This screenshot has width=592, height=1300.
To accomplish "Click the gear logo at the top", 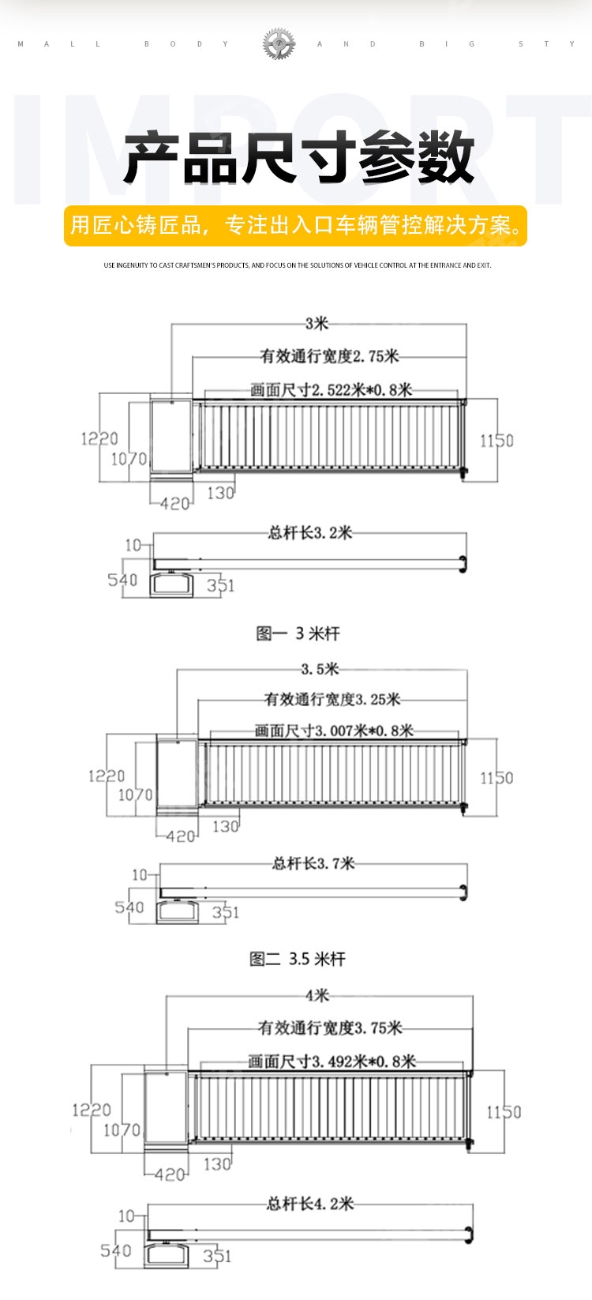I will point(279,43).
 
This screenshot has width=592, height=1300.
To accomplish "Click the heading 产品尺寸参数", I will point(298,158).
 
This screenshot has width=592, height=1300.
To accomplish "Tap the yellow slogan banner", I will point(295,225).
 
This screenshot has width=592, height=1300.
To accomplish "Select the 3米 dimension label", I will point(317,323).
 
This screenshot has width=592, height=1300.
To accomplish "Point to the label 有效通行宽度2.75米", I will point(330,356).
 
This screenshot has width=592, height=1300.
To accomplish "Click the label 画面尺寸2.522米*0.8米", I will point(331,389).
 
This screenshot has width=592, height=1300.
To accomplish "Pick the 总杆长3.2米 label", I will point(310,533).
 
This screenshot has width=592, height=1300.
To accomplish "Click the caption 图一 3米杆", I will point(298,633).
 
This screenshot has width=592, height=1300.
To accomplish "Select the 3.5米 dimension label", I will point(320,669).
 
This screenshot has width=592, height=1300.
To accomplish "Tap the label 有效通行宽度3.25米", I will point(332,699).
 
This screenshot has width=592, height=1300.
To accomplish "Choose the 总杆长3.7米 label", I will point(313,863).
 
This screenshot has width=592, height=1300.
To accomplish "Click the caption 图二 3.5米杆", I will point(298,959).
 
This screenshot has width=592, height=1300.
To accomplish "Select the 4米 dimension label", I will point(317,995).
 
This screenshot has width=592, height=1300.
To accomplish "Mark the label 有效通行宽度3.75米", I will point(330,1028).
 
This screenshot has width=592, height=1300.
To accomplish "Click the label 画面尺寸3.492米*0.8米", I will point(332,1061).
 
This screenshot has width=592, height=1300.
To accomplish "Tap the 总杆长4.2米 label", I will point(310,1204).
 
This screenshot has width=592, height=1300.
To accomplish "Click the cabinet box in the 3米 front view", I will point(171,435).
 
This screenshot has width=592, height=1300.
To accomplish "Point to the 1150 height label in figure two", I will point(496,778).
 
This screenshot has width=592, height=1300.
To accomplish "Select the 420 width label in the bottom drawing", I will point(170,1174).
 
